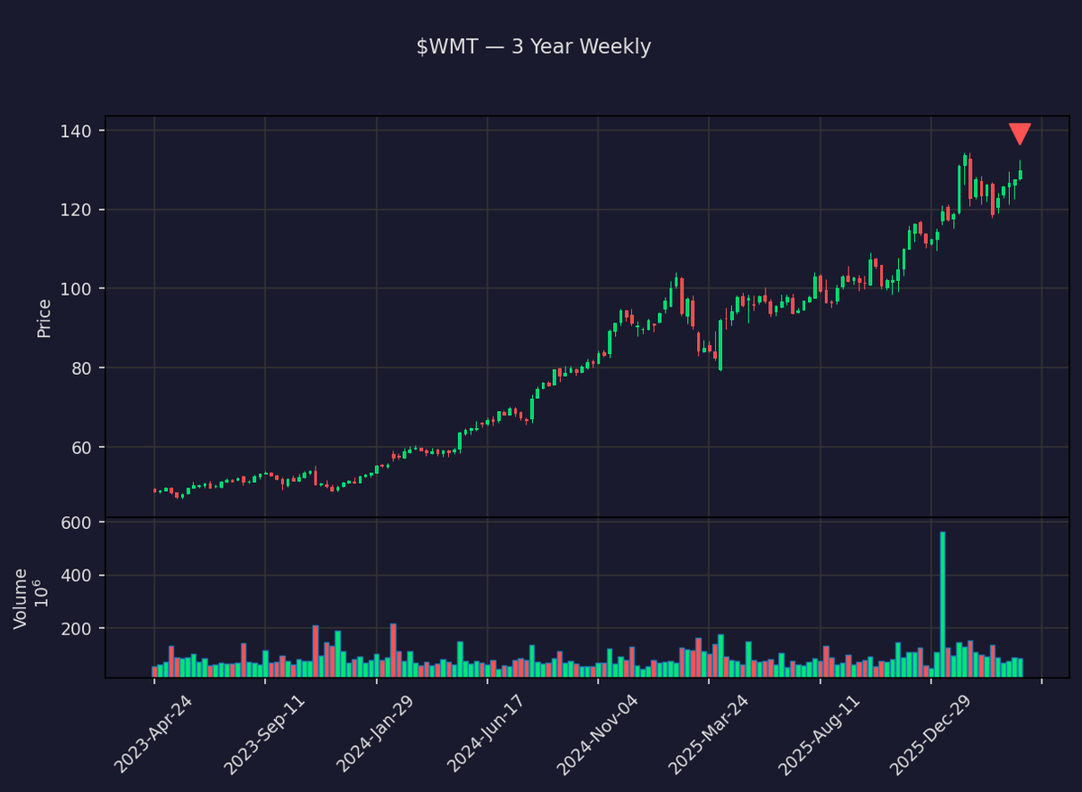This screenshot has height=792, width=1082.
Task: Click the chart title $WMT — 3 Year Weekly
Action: [534, 47]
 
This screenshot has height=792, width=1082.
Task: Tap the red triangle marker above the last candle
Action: [1020, 133]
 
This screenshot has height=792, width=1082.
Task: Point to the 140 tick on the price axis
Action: [79, 132]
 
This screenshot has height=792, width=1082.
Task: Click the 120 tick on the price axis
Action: [79, 210]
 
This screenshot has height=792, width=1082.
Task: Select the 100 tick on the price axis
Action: [79, 289]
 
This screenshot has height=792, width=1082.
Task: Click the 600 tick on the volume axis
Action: [79, 523]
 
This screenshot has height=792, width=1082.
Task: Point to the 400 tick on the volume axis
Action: [79, 576]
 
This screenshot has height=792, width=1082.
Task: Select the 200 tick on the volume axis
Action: [79, 629]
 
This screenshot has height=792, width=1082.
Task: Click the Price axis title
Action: [44, 318]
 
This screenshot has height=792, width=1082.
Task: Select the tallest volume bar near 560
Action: [942, 604]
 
